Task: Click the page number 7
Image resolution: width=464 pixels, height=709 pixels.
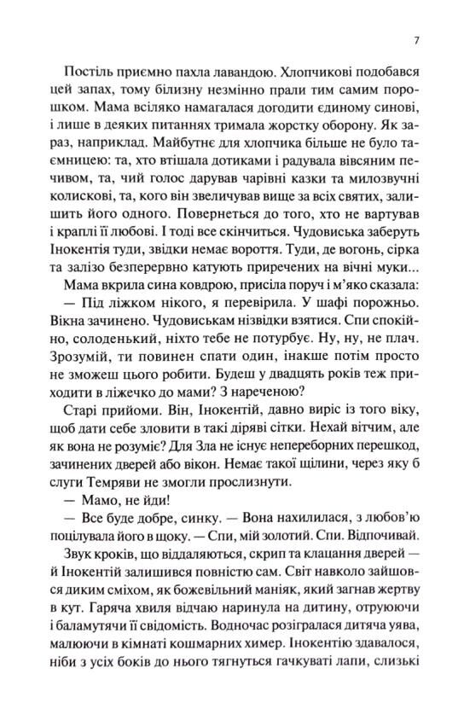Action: tap(415, 40)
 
